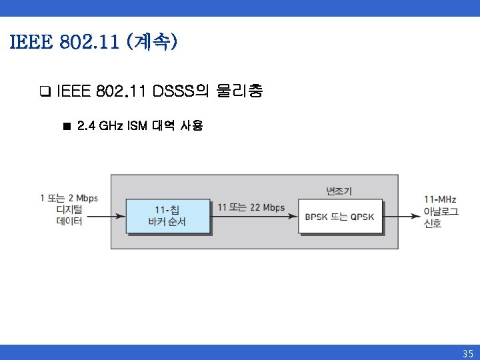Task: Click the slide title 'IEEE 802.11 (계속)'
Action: (93, 43)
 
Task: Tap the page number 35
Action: (467, 353)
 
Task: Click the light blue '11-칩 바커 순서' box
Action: (168, 215)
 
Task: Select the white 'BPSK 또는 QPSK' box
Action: (340, 215)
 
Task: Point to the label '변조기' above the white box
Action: (339, 191)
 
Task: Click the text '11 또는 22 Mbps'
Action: (251, 207)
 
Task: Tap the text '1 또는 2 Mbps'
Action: (69, 198)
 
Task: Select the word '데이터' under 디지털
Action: (69, 221)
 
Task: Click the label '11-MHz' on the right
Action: (440, 199)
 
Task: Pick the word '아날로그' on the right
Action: (441, 211)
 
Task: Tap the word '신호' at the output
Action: (433, 223)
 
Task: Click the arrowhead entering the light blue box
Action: (122, 215)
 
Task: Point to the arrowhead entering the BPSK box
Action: (294, 215)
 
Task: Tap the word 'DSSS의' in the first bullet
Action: (177, 91)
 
